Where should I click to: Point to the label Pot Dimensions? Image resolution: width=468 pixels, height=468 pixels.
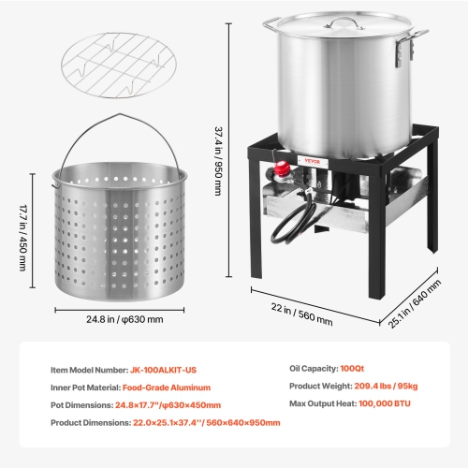(x=84, y=405)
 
